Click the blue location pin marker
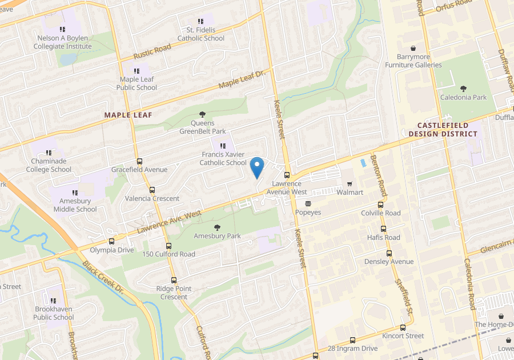(257, 166)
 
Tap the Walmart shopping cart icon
(350, 184)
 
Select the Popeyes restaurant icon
(308, 203)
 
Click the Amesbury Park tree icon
(217, 227)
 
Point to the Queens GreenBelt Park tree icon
(202, 114)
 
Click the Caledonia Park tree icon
(463, 89)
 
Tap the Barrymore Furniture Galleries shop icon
(413, 49)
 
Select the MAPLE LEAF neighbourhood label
(128, 115)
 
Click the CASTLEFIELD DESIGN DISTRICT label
(443, 130)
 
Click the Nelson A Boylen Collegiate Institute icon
(62, 29)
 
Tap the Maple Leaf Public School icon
(136, 79)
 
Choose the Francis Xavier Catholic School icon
(223, 146)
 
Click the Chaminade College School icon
(49, 153)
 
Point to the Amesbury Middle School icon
(75, 193)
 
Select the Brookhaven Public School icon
(53, 301)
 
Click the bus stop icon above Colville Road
(380, 205)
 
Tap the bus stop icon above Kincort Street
(403, 328)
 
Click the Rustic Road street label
(152, 52)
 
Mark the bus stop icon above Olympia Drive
(111, 242)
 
